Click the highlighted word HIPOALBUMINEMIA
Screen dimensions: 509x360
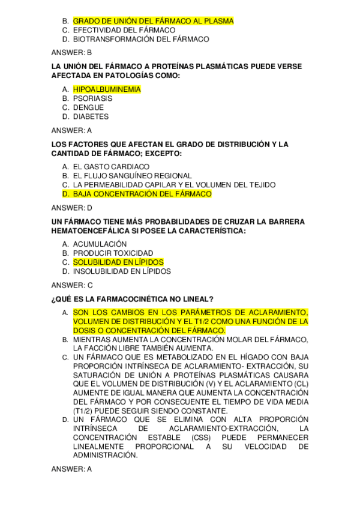click(107, 89)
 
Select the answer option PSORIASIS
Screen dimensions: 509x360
click(92, 98)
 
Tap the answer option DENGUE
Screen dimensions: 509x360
click(88, 107)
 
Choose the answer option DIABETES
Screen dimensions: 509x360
click(91, 116)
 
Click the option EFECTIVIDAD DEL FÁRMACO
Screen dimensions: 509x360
click(124, 30)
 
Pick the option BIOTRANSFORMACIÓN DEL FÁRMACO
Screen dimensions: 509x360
click(141, 39)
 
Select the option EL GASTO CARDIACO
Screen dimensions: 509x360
click(111, 166)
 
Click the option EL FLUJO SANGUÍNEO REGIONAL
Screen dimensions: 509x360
click(133, 176)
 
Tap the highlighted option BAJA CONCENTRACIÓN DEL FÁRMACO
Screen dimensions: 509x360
click(142, 194)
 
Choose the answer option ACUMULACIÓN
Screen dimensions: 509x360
click(100, 244)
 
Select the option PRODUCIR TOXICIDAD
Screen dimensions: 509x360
click(113, 253)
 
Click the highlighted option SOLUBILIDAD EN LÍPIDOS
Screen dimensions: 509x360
click(118, 262)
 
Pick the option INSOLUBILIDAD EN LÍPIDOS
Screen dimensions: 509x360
click(122, 271)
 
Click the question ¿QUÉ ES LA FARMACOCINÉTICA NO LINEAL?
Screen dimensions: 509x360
click(133, 299)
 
